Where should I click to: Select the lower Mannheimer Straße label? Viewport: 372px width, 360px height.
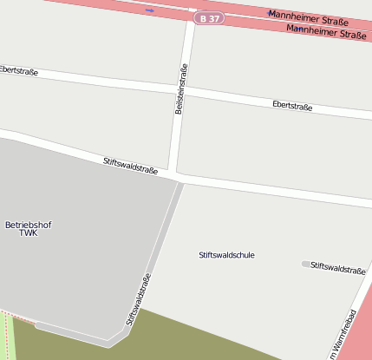325,34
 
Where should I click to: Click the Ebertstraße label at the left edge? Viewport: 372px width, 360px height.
18,70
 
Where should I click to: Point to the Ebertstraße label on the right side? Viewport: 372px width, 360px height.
291,105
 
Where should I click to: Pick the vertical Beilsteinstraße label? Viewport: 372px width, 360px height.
180,90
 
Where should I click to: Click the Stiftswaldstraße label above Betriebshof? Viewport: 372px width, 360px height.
130,165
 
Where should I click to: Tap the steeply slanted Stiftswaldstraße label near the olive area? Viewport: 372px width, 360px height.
138,298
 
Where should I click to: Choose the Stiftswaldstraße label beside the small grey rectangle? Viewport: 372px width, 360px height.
338,269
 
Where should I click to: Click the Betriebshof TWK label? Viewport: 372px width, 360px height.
29,229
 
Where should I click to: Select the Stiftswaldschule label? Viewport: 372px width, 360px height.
226,255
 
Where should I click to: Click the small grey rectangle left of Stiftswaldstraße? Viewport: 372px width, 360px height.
305,264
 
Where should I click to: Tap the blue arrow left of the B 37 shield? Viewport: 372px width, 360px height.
150,10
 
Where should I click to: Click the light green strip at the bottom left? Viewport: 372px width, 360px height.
8,338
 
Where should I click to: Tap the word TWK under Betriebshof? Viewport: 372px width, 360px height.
29,233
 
